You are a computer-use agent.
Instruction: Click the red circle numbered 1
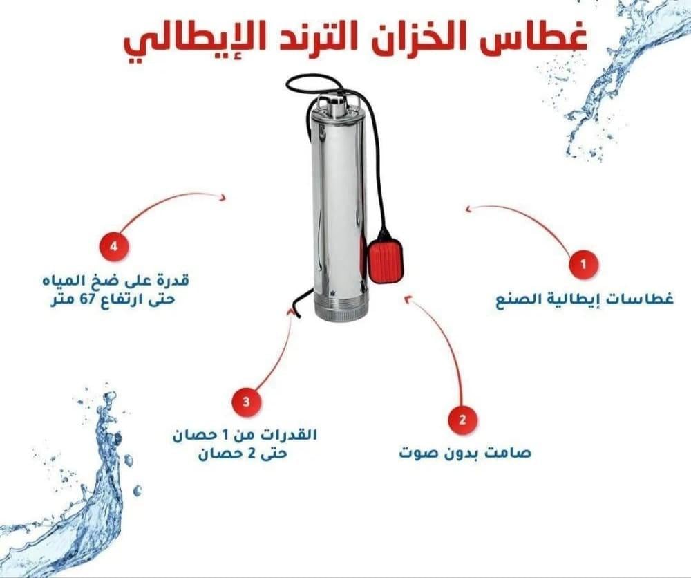583,265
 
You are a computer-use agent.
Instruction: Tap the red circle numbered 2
462,419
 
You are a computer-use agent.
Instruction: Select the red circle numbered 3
247,402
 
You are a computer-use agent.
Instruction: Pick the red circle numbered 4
114,245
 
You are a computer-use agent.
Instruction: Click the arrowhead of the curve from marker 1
470,208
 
